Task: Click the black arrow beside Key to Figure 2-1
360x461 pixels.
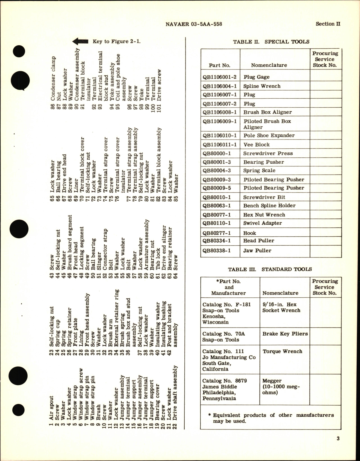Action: [x=80, y=42]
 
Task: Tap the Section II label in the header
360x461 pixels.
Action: [x=328, y=24]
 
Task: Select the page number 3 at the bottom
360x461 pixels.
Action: [x=338, y=439]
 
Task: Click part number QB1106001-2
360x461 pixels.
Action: [x=220, y=77]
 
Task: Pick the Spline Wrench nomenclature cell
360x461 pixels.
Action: [x=262, y=86]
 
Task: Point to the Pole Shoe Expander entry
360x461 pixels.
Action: [x=269, y=135]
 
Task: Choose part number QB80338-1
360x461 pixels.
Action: [x=216, y=250]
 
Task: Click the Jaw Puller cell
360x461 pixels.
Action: [x=257, y=250]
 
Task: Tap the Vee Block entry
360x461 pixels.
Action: [x=256, y=145]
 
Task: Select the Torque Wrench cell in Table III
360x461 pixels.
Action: [x=282, y=351]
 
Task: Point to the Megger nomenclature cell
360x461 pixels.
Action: [x=281, y=387]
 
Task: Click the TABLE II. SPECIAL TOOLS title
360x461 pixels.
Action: [x=271, y=42]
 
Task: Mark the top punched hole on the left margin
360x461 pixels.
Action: [x=17, y=52]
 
